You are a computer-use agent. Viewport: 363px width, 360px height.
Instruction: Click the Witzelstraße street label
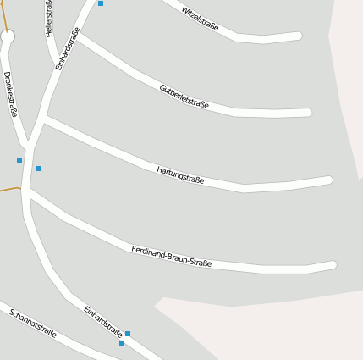[x=200, y=19]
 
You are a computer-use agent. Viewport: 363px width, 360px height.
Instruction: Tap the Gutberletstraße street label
[x=184, y=96]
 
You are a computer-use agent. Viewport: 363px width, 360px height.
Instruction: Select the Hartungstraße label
[x=180, y=174]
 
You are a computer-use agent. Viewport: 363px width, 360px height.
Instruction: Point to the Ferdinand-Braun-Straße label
[x=171, y=257]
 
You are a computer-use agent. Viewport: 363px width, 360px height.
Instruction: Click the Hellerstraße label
[x=49, y=18]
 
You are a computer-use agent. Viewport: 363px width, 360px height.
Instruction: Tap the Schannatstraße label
[x=33, y=323]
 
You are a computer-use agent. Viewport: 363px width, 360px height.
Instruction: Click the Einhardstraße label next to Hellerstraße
[x=68, y=48]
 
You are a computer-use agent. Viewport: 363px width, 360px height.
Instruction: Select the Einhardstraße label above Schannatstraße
[x=103, y=321]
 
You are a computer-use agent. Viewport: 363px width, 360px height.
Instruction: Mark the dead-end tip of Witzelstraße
[x=299, y=36]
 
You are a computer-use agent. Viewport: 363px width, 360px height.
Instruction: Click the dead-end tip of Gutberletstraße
[x=308, y=113]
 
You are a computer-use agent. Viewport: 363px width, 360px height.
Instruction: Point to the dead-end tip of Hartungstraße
[x=328, y=180]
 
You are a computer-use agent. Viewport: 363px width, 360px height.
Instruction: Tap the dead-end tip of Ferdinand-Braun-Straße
[x=333, y=265]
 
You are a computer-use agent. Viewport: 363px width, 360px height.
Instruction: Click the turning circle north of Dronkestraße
[x=8, y=36]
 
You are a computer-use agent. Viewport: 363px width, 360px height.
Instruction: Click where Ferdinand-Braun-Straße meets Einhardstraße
[x=28, y=192]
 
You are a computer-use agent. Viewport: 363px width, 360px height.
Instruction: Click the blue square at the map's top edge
[x=101, y=3]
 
